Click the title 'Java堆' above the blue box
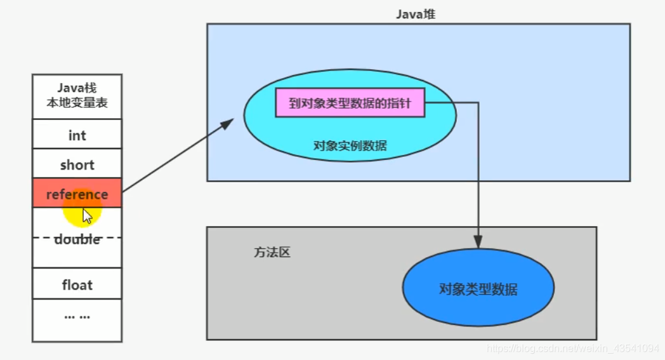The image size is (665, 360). [x=416, y=13]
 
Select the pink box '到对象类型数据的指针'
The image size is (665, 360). [x=350, y=103]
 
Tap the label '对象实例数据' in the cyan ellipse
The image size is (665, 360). [x=350, y=145]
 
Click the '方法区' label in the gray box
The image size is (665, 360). [x=272, y=252]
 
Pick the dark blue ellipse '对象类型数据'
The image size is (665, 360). [x=478, y=290]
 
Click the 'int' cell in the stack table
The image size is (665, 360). [x=77, y=135]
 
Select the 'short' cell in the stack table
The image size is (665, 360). [x=77, y=164]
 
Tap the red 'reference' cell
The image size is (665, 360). [x=77, y=194]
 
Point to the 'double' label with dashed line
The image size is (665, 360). [x=77, y=239]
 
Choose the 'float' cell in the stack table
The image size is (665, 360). [x=77, y=284]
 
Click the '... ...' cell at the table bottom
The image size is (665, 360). [x=77, y=315]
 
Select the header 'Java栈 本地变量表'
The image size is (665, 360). [x=77, y=96]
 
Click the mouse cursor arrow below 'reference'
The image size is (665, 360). [x=87, y=216]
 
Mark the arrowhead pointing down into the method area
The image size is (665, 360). [x=478, y=241]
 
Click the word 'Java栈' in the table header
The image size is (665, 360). [x=77, y=88]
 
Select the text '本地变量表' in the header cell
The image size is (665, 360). [x=77, y=103]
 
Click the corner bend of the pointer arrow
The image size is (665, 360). [x=478, y=103]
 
